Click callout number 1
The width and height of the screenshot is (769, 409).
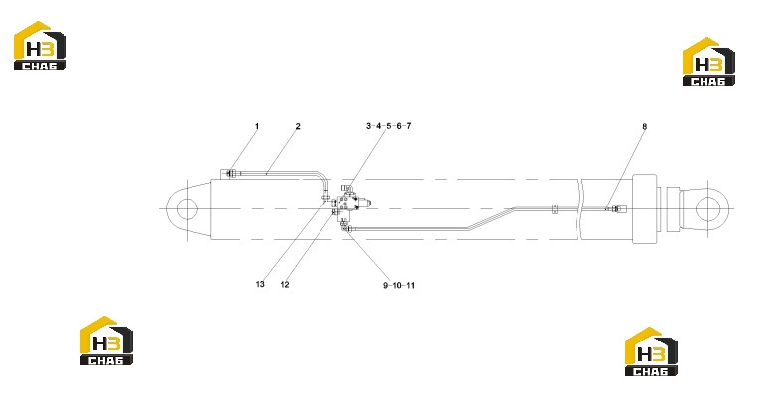(256, 126)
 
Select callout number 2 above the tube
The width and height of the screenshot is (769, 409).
(298, 126)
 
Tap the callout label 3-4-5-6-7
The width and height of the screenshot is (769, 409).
(388, 126)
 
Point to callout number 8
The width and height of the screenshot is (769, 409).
(644, 126)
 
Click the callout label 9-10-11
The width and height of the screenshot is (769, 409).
(399, 286)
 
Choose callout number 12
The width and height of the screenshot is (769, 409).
(285, 285)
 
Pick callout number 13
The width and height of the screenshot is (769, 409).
(260, 284)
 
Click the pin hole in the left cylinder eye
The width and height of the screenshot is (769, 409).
(187, 209)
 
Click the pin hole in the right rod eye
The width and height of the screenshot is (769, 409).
(706, 208)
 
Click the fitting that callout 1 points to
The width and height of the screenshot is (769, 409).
(230, 172)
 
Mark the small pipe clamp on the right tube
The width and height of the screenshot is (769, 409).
(555, 209)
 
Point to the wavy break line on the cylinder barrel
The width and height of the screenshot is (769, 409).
(580, 209)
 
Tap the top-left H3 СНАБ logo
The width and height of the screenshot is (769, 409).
(40, 46)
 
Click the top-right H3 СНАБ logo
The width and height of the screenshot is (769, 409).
(708, 62)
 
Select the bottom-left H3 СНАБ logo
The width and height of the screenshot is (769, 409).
(106, 341)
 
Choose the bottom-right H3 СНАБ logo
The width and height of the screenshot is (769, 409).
(651, 351)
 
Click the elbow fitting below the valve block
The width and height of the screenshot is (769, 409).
(345, 225)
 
